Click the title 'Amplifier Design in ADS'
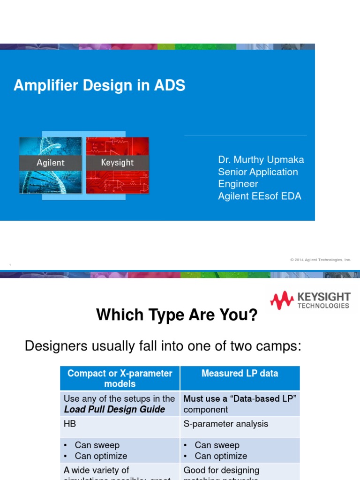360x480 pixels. click(99, 85)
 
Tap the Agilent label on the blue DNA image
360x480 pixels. click(51, 163)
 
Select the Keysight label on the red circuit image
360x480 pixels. click(117, 163)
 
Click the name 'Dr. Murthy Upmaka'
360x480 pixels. click(261, 160)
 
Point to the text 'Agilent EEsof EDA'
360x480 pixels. click(259, 196)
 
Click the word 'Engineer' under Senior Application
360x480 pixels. click(238, 184)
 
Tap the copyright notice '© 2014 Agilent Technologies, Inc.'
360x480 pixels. click(320, 260)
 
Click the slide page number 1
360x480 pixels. click(10, 266)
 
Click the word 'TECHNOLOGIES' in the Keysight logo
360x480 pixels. click(323, 306)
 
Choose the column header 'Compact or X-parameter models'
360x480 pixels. click(120, 378)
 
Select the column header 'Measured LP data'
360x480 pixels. click(240, 374)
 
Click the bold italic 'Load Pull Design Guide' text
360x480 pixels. click(114, 409)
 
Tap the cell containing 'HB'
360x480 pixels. click(70, 424)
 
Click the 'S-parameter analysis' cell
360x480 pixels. click(225, 424)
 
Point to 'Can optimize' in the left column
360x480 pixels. click(101, 456)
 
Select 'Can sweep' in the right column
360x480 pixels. click(217, 445)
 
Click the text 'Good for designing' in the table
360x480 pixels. click(221, 470)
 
